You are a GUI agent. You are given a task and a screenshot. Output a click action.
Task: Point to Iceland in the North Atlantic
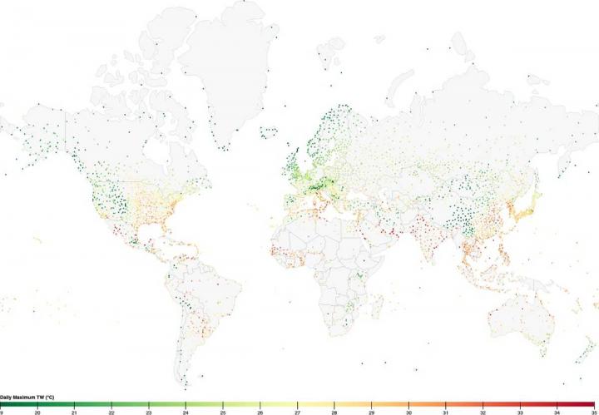[269, 132]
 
